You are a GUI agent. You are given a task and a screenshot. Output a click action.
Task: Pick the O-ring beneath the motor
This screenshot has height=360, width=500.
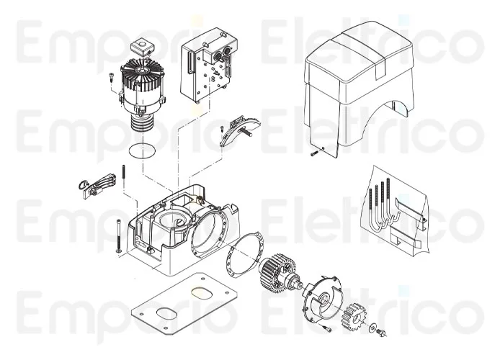point(142,151)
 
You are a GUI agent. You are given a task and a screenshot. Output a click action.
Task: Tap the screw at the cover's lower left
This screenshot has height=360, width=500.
point(314,153)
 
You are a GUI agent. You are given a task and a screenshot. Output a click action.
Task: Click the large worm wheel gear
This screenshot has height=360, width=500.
point(275,274)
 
